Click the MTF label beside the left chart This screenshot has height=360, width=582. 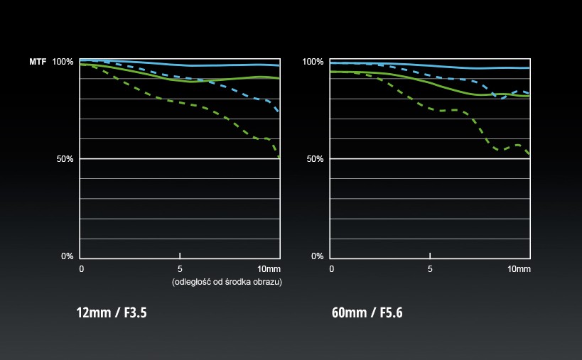(37, 62)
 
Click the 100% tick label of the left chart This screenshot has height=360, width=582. (63, 62)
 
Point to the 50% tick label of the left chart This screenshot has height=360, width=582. (65, 159)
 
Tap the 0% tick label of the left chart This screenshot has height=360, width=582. (68, 256)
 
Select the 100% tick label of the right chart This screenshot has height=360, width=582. (313, 62)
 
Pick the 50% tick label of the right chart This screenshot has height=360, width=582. (315, 159)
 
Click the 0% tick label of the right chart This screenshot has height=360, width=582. (318, 256)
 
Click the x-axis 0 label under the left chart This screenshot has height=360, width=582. (82, 269)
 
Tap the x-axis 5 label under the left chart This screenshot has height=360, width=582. (180, 269)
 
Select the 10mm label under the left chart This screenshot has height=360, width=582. (269, 269)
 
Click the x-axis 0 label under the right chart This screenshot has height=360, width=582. (332, 269)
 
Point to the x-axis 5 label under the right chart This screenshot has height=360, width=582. (430, 269)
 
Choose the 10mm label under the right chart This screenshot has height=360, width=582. (519, 269)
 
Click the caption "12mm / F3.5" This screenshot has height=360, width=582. (112, 312)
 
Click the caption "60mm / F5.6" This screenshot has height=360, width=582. (367, 312)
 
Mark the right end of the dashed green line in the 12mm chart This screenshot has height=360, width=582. (279, 156)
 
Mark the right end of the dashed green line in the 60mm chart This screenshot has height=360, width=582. (529, 154)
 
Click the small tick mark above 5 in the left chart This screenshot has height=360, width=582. (180, 255)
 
